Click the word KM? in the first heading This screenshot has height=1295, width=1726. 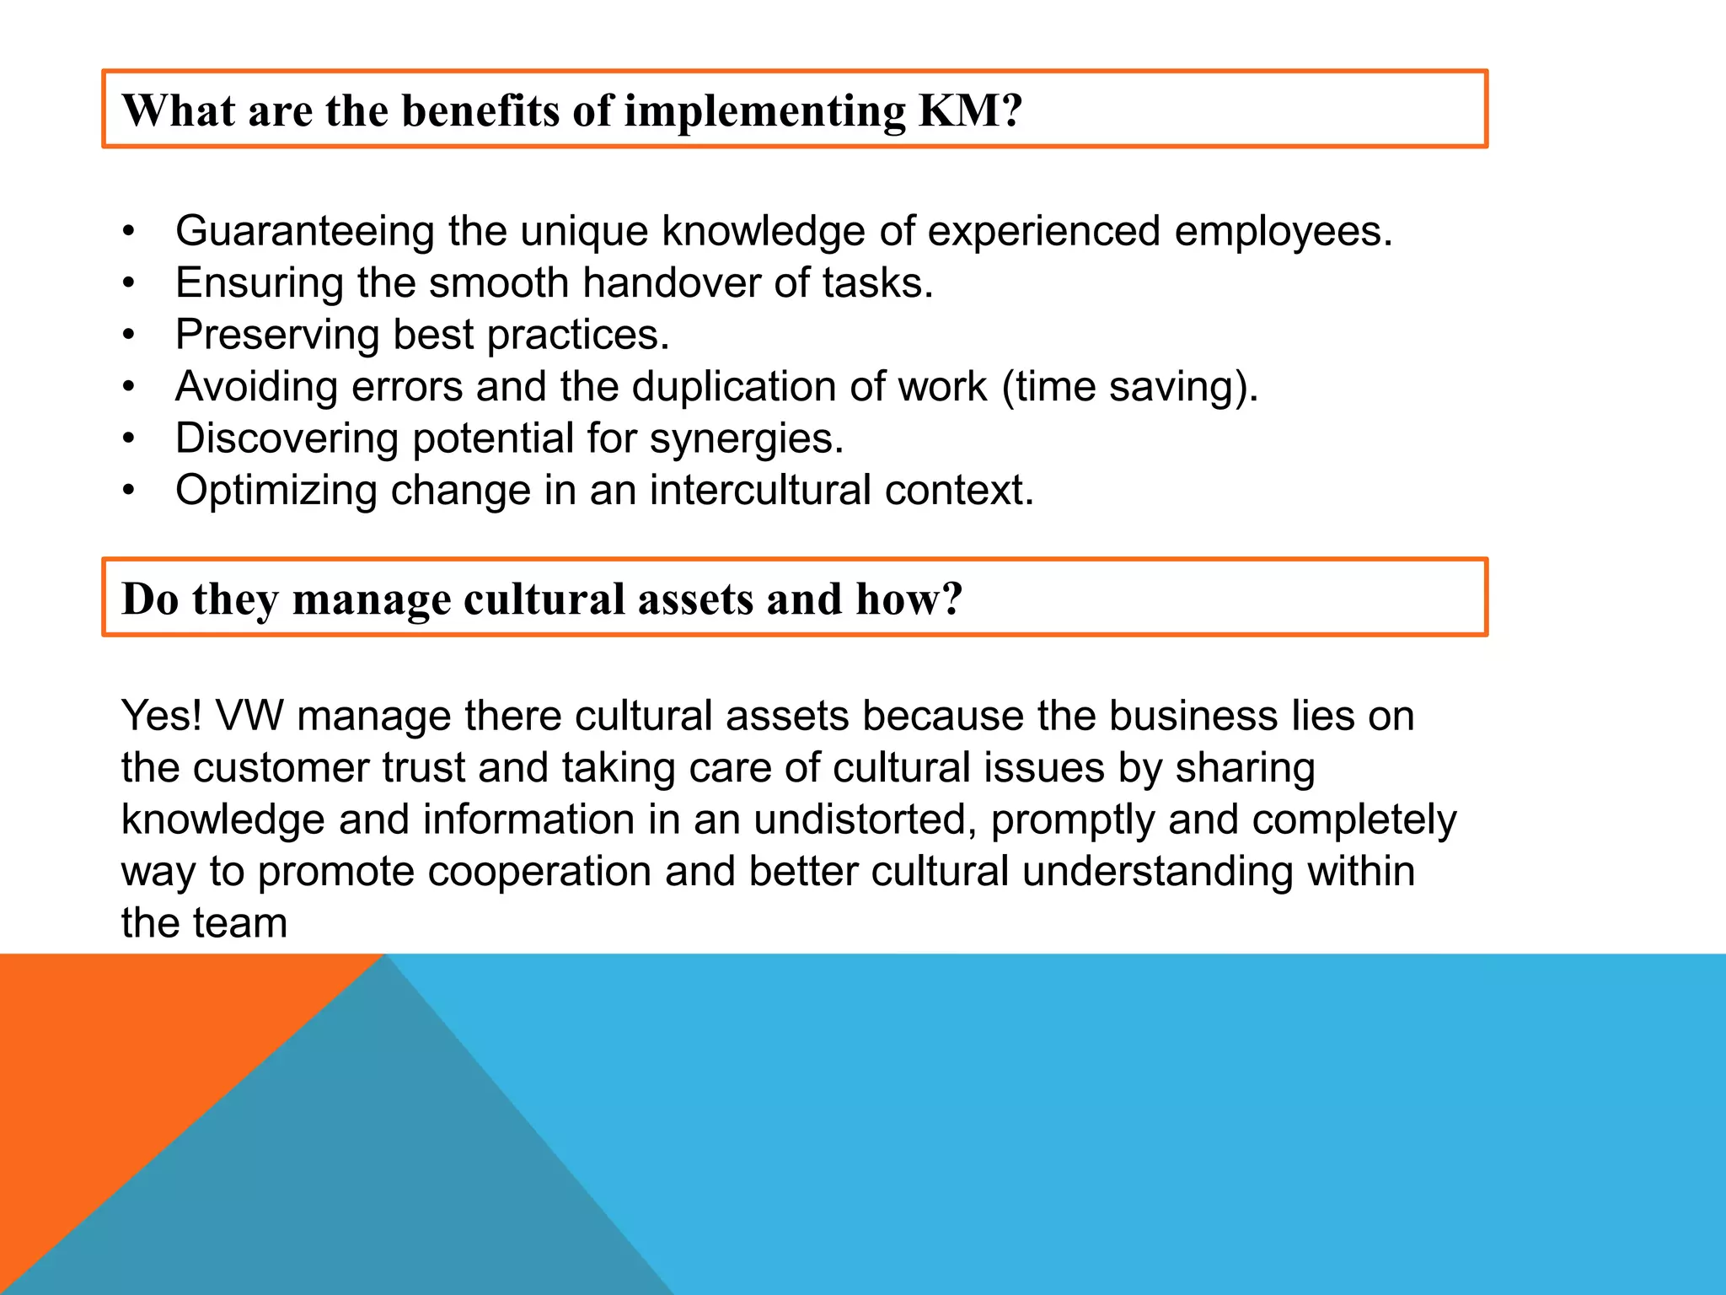tap(970, 110)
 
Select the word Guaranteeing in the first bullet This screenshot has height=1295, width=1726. tap(304, 231)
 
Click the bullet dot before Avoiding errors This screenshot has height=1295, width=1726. tap(128, 387)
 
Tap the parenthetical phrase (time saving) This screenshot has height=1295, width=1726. tap(1129, 387)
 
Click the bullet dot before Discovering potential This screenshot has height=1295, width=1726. tap(128, 438)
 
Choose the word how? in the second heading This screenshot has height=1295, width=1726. tap(909, 599)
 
